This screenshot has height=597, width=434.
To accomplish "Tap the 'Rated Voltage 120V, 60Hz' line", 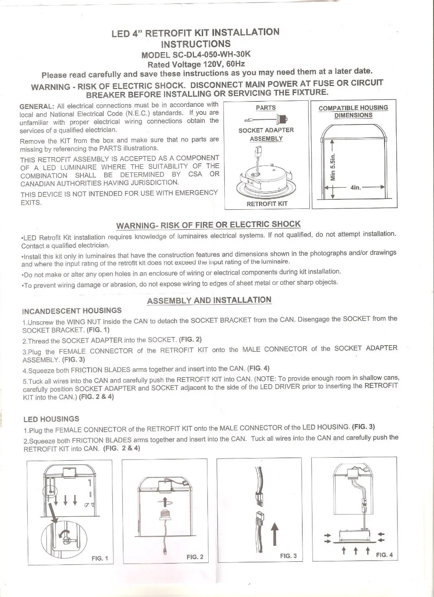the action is [x=196, y=64].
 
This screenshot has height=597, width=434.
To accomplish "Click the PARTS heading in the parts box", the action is [x=266, y=108].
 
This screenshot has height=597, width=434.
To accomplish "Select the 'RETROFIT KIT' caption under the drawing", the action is [x=267, y=204].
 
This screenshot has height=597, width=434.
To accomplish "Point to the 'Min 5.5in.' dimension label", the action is [x=333, y=167].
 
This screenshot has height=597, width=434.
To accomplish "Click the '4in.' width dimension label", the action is [x=355, y=188].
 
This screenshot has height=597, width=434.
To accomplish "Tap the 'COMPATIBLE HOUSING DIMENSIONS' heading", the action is [x=353, y=112].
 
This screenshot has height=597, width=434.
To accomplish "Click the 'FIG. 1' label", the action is [x=100, y=558].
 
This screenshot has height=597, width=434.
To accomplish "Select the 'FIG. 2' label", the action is [x=195, y=557].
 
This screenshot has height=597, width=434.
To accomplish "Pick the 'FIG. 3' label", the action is [x=288, y=556].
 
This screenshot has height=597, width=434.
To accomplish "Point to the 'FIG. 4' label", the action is [x=384, y=555].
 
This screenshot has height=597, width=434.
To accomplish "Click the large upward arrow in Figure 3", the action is [x=275, y=534].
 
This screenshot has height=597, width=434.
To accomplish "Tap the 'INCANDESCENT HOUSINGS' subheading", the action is [x=72, y=311].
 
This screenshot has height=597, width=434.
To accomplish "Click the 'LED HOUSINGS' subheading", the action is [x=51, y=419].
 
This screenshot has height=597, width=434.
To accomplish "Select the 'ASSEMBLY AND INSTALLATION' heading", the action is [x=209, y=300].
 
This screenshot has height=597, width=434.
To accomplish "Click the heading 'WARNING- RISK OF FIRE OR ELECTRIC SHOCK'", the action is [x=208, y=224].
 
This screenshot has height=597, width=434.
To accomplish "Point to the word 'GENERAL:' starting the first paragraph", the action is [x=37, y=106].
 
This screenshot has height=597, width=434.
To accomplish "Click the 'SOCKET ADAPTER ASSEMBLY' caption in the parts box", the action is [x=266, y=134].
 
